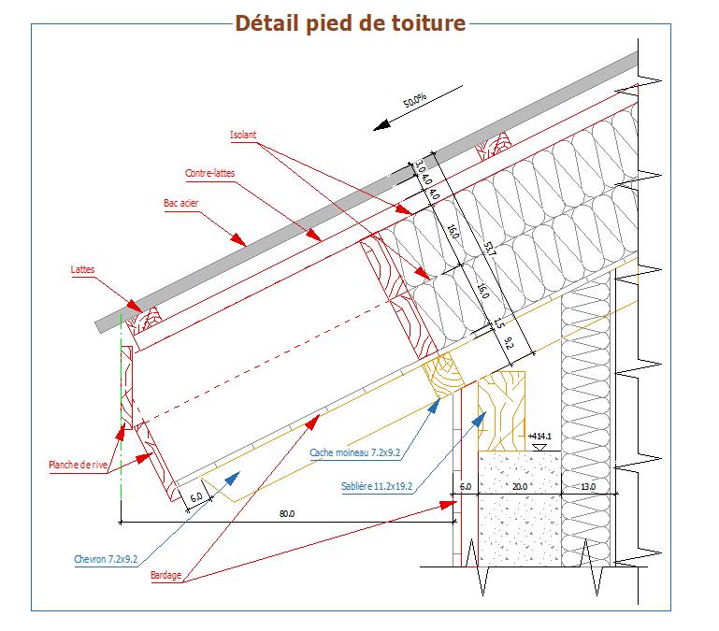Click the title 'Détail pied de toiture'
coord(350,23)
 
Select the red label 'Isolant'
coord(243,135)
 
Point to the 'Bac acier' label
coord(181,203)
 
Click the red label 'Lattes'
coord(82,270)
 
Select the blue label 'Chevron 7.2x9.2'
coord(106,559)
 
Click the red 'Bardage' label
coord(165,575)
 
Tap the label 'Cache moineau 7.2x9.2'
coord(355,452)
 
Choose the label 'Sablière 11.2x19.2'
coord(377,486)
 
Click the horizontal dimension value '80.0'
coord(286,513)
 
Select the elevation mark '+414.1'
coord(539,436)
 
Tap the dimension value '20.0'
coord(520,487)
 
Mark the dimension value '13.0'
coord(587,487)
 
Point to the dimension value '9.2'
coord(509,342)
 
